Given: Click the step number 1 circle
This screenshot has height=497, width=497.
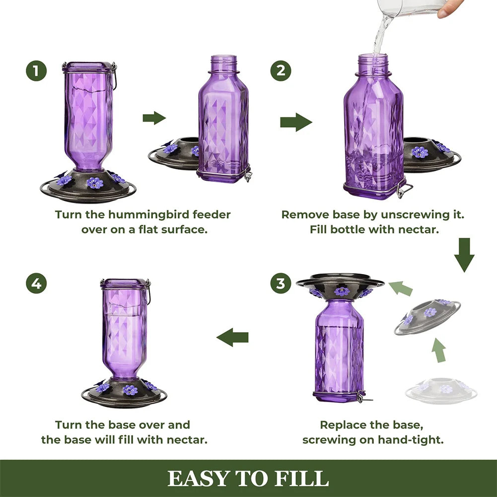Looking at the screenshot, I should coord(36,71).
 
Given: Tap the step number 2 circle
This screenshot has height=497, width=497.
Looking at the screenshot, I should coord(281,71).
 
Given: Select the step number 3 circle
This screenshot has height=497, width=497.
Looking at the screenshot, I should coord(281,284).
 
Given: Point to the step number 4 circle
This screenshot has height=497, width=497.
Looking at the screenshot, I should coord(36,284).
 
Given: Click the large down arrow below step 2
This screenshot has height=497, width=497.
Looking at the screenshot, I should coord(464,255).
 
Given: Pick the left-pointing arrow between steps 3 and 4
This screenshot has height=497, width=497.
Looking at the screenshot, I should coord(232,338).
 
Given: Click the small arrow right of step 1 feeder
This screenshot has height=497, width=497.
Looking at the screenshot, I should coord(154,118).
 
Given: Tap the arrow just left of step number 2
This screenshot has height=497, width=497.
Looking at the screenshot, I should coord(295,122).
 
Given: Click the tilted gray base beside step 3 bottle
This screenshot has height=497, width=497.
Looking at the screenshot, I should coord(427,316).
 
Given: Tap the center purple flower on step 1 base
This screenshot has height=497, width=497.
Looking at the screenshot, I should coord(94,183).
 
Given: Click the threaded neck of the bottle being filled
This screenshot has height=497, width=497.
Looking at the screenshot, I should coord(372,64).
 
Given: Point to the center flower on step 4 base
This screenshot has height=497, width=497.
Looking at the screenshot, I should coord(130,390).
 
